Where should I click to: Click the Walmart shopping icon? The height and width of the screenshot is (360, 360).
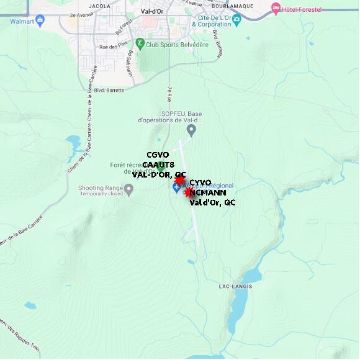coord(40,20)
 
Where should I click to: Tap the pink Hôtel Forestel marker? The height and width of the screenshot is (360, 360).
coord(276,9)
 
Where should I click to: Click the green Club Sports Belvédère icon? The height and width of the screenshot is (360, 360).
coord(140,43)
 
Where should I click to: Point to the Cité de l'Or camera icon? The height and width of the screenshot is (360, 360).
coord(236,19)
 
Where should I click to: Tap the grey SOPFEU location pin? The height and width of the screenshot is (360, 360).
coord(191,130)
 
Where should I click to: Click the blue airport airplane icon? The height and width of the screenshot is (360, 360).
coord(176,187)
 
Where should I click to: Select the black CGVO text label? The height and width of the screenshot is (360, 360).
coord(158,155)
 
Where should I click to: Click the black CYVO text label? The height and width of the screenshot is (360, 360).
coord(200,182)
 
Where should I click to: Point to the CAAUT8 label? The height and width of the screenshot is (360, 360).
coord(158,164)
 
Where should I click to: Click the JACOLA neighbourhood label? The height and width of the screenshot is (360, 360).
coord(99,6)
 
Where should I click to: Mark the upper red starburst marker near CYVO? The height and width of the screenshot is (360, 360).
coord(180,181)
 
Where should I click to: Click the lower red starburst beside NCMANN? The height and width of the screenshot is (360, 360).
coord(189,193)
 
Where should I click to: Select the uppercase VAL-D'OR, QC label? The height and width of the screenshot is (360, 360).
coord(159,174)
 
